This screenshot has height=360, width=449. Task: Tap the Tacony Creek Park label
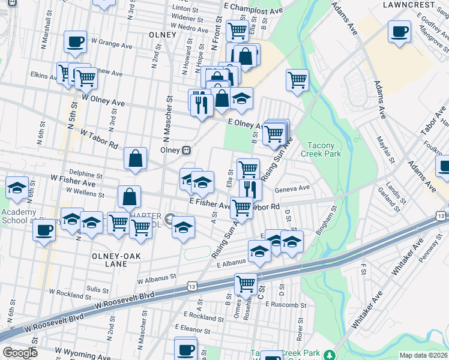coord(324,149)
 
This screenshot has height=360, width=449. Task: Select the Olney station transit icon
coord(187,149)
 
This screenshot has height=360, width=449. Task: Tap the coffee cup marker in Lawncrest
coord(399,32)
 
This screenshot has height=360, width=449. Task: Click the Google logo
coord(19,353)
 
